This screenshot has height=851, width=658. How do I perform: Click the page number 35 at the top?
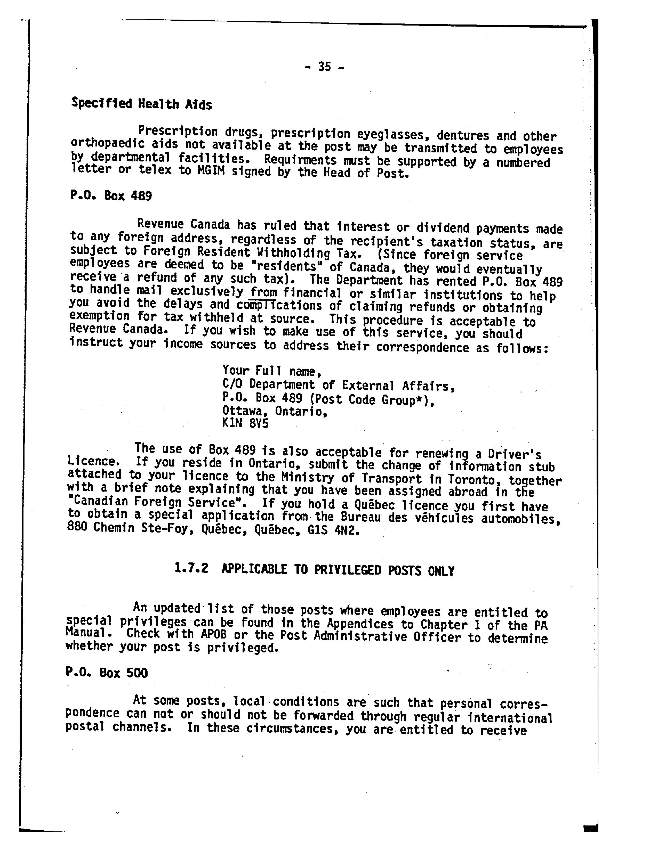(324, 67)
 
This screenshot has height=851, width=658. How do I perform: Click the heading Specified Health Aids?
(141, 104)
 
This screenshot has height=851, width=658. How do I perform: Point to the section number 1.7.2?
(191, 569)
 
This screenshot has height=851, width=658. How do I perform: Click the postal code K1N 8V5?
(245, 423)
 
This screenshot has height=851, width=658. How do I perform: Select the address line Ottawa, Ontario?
(275, 411)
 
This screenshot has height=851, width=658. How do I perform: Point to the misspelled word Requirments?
(300, 160)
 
